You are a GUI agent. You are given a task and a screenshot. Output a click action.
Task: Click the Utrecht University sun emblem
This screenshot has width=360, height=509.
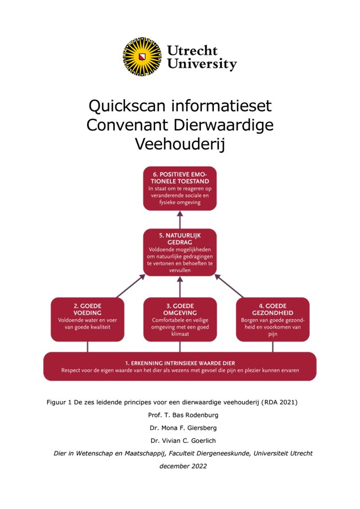[143, 56]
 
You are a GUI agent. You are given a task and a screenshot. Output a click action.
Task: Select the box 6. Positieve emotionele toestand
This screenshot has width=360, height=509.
[180, 188]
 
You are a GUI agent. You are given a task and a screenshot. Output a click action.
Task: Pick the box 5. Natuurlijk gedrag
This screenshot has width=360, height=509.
[180, 252]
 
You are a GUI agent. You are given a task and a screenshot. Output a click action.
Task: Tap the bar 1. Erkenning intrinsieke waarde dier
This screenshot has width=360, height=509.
[180, 366]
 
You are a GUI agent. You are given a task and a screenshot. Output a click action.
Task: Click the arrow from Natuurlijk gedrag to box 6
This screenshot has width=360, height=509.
[180, 219]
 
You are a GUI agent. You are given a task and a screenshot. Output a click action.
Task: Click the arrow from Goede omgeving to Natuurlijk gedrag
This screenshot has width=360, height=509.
[180, 287]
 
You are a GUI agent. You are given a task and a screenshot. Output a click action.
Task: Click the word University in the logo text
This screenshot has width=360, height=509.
[202, 64]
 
